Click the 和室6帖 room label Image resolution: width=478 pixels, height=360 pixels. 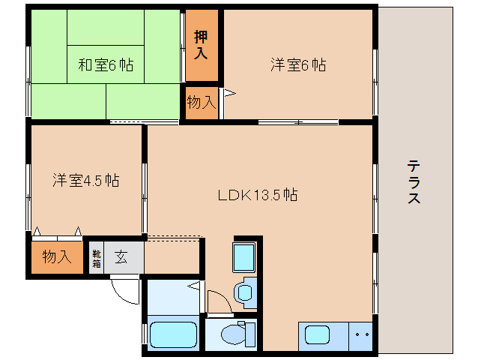point(106,64)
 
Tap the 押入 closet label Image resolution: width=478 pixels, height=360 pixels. point(202,44)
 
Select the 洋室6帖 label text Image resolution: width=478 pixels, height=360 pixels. point(298,64)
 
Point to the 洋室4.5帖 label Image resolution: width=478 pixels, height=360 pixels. point(86,180)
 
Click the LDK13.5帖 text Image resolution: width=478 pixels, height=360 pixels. point(258,195)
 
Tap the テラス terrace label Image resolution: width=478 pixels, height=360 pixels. point(414,181)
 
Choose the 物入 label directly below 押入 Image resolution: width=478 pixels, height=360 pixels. point(202,102)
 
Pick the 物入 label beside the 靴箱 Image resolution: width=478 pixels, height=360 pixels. point(57,256)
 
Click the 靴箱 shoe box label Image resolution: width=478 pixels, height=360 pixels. point(97,259)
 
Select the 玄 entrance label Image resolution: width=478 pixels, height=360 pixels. point(121,257)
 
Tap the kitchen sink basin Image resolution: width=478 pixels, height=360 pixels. point(317,334)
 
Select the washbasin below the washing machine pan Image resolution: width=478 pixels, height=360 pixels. point(245,292)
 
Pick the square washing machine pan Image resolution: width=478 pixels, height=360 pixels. point(244,257)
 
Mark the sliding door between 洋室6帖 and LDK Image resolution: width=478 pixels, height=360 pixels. point(298,122)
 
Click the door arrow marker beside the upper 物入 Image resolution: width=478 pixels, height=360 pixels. point(229,93)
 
